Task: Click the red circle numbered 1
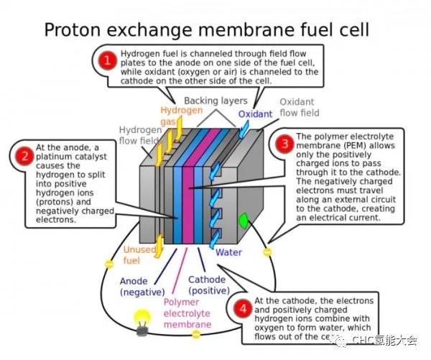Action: [x=107, y=62]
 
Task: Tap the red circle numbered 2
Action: [x=24, y=155]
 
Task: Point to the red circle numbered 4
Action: [x=244, y=308]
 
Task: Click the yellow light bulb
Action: [x=143, y=318]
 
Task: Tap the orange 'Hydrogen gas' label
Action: [x=176, y=116]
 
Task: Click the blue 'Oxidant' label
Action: [x=255, y=114]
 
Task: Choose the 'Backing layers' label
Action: [x=215, y=100]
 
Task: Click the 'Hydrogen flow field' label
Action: [x=138, y=135]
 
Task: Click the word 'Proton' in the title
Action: [x=75, y=29]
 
